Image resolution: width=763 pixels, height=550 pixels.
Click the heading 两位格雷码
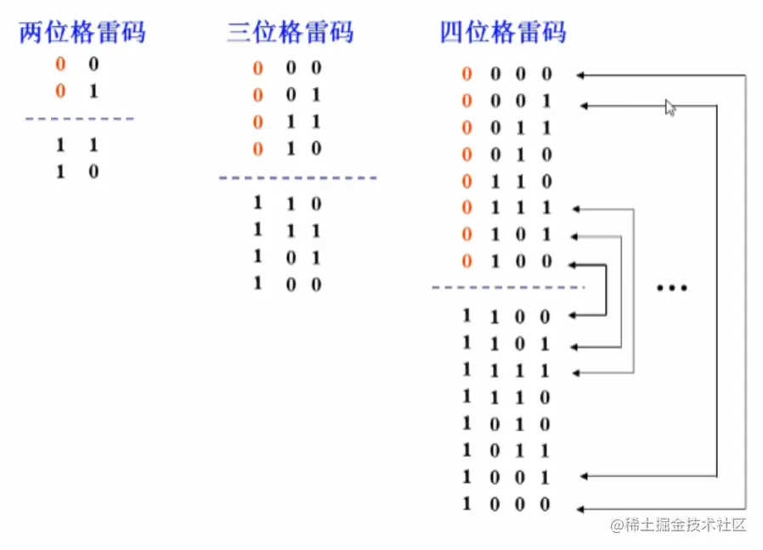point(82,32)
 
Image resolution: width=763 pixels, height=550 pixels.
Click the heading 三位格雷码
point(290,32)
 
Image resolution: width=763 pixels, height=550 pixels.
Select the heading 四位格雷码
point(503,32)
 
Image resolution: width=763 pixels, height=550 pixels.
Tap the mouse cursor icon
point(670,107)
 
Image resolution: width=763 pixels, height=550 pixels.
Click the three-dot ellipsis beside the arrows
point(672,289)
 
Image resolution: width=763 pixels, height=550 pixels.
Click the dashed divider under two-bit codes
point(80,119)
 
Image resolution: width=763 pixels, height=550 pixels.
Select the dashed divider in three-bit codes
point(297,177)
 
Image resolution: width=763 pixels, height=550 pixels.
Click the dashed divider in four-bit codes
point(508,288)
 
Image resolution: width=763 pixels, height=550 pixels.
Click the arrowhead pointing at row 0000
point(580,75)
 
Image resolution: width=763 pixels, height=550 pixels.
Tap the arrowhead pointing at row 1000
point(580,508)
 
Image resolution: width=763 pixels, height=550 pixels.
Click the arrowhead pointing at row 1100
point(573,316)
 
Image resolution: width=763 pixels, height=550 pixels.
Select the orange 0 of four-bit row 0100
point(466,261)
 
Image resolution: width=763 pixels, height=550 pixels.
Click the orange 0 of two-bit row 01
point(60,91)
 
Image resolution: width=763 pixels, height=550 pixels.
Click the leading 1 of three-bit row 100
point(258,283)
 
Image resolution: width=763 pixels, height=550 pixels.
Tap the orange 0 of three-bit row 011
point(258,122)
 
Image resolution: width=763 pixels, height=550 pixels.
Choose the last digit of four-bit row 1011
point(545,450)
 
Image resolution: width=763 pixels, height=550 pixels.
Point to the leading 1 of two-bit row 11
point(60,145)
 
